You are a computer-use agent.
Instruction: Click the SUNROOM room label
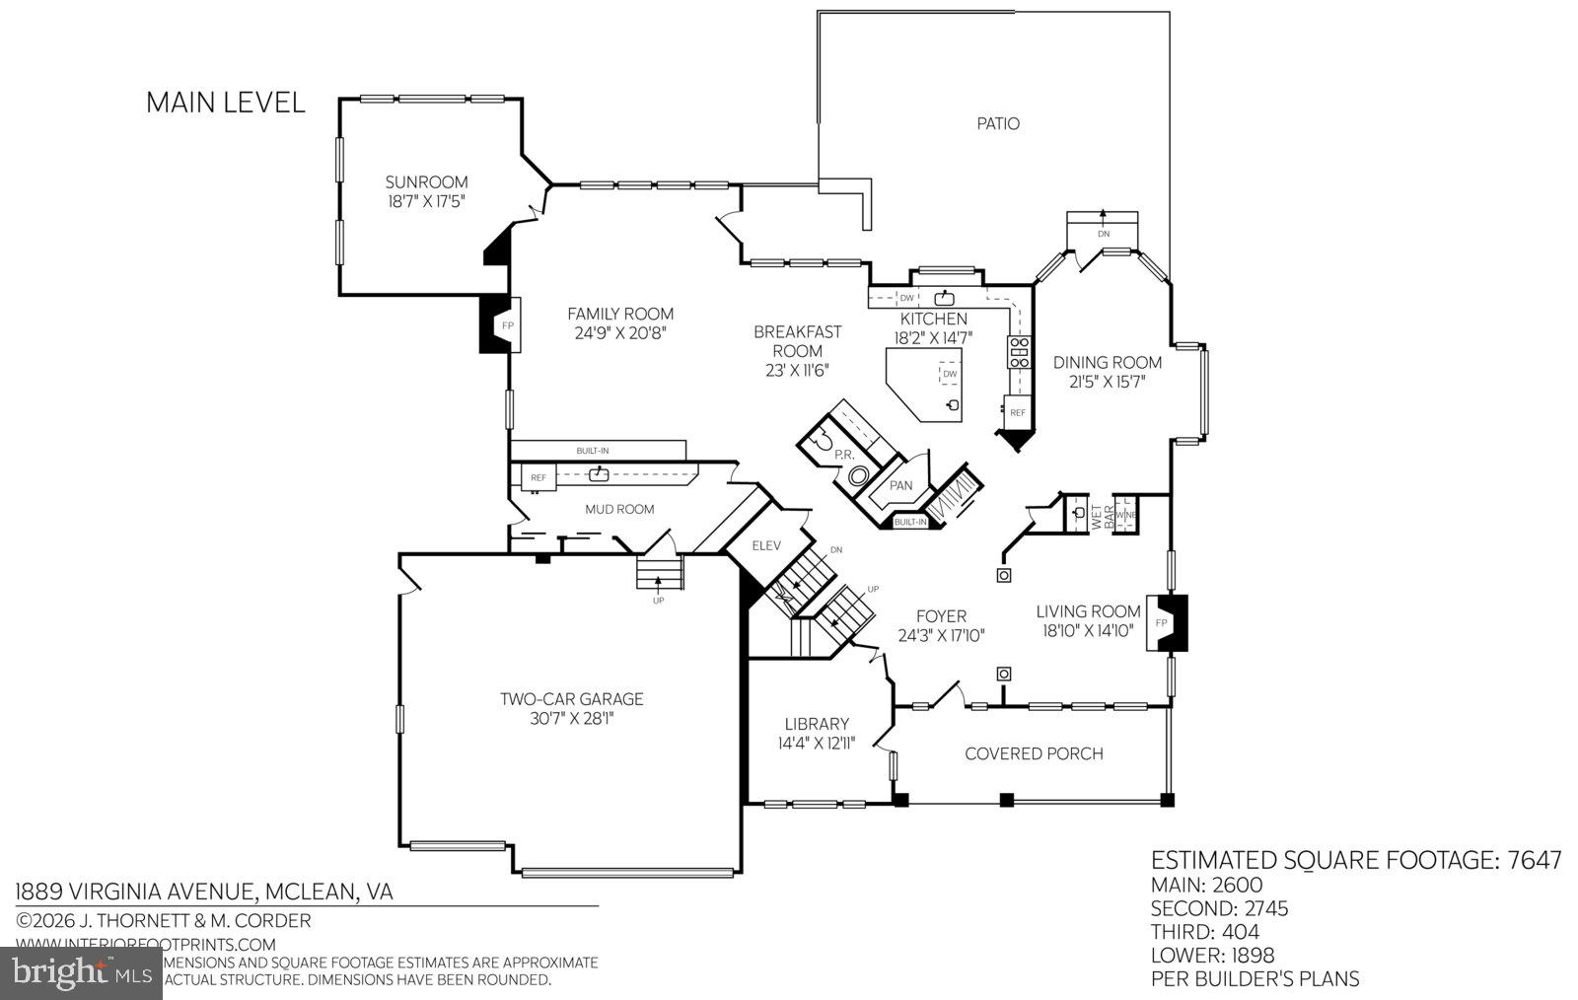[426, 181]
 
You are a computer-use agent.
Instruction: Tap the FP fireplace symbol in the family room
[507, 324]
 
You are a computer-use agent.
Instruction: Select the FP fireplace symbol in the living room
[1162, 623]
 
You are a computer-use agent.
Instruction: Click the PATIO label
[998, 123]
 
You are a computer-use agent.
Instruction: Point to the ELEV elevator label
[766, 545]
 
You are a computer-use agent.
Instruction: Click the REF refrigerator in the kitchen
[1017, 412]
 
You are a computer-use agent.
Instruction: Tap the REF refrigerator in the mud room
[538, 477]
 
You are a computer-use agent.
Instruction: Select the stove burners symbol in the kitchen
[1018, 351]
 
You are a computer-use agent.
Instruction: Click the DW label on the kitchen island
[950, 374]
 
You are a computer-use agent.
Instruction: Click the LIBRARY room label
[817, 723]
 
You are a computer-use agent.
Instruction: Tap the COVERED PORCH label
[1034, 753]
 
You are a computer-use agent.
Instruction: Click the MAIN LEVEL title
[226, 103]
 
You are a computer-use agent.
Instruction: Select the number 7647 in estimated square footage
[1535, 860]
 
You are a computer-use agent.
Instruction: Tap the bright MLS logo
[81, 973]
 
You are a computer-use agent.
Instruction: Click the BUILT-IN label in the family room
[593, 451]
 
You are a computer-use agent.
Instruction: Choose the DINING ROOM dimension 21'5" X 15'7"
[1107, 382]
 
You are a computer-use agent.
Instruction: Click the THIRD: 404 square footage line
[1205, 932]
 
